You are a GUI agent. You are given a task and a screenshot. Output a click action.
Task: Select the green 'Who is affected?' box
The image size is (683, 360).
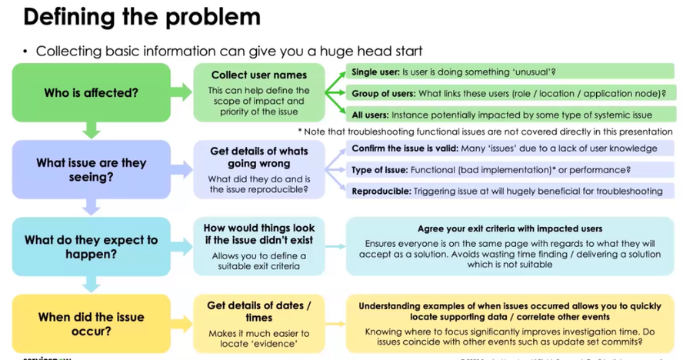coord(91,92)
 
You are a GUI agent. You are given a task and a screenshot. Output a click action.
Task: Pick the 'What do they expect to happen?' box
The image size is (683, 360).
coord(91,247)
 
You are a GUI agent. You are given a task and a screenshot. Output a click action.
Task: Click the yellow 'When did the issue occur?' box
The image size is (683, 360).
coord(91,324)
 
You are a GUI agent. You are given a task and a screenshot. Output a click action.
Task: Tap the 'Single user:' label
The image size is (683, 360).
coord(375,72)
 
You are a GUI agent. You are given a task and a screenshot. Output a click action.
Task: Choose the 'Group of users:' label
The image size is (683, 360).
coord(383,94)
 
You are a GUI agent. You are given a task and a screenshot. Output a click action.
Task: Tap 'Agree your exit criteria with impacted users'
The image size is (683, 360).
coord(510,229)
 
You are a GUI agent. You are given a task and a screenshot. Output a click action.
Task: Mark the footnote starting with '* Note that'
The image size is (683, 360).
coord(485,132)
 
